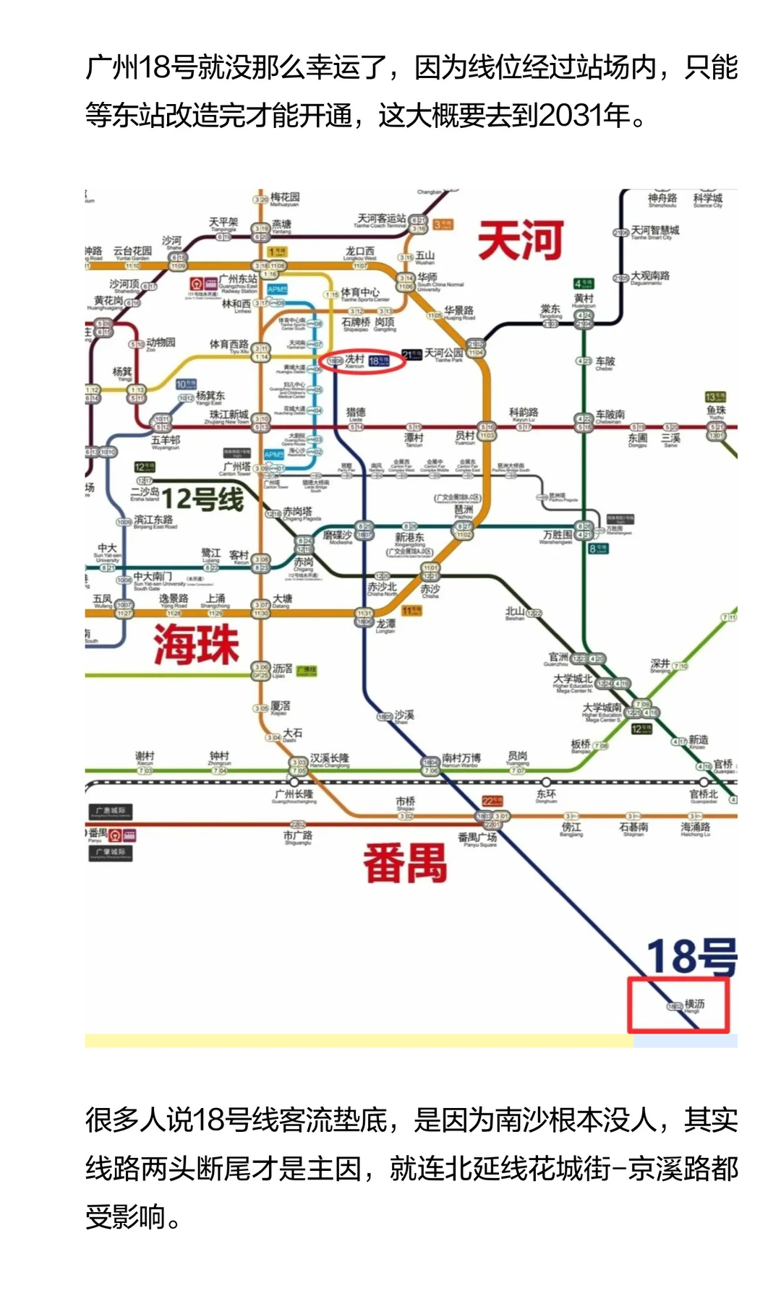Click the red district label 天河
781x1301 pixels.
(521, 241)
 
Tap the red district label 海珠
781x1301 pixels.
(195, 645)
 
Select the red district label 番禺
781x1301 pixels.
(405, 863)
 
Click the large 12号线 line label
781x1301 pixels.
(202, 499)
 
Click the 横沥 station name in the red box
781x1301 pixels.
(694, 1004)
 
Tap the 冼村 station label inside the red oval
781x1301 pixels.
(354, 359)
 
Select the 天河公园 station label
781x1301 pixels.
(443, 353)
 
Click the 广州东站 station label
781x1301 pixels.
(238, 279)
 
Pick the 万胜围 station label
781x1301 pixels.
(558, 535)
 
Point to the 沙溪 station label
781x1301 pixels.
(404, 715)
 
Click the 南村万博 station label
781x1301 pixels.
(461, 757)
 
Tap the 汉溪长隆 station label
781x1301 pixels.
(330, 758)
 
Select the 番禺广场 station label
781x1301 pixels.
(477, 838)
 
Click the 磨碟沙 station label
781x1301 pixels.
(338, 535)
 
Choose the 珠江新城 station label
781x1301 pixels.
(229, 415)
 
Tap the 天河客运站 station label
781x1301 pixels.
(382, 218)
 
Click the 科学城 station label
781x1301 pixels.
(707, 198)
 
